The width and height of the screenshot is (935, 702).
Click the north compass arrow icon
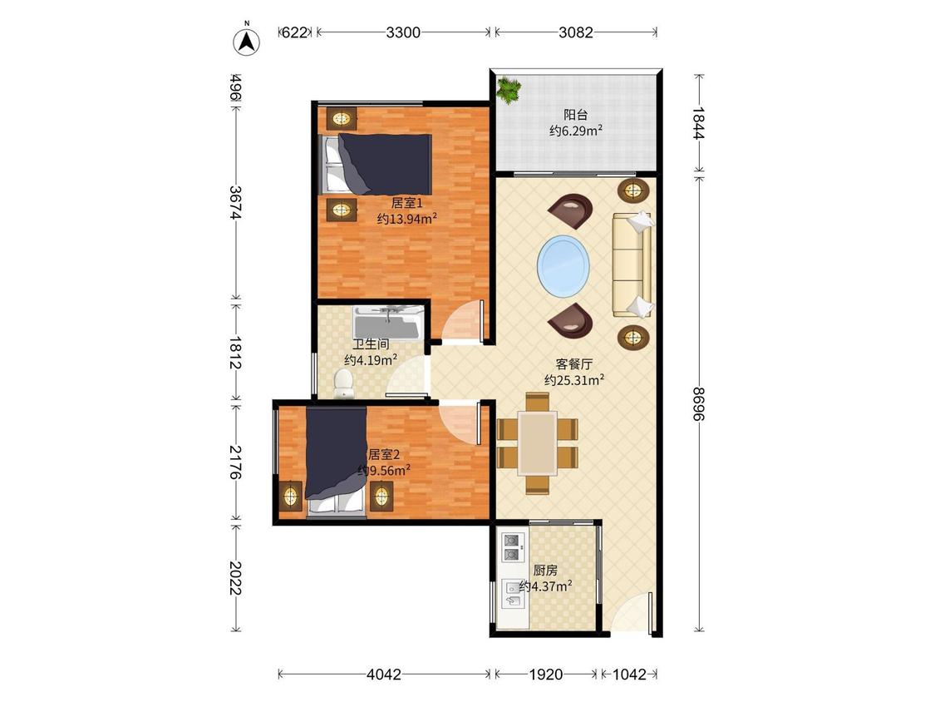[246, 40]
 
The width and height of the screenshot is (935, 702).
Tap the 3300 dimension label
[403, 32]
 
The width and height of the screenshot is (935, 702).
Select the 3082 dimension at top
[575, 32]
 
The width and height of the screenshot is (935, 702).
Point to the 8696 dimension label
[699, 403]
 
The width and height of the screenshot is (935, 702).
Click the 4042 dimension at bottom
[384, 675]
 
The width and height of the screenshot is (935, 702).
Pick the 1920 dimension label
[545, 675]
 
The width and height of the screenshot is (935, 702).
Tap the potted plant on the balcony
[509, 90]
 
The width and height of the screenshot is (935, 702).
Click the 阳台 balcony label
[575, 115]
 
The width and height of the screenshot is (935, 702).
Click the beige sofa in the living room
[632, 265]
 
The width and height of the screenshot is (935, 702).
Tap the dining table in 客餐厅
[537, 442]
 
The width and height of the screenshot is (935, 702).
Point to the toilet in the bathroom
[343, 383]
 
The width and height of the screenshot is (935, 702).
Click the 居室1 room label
[406, 204]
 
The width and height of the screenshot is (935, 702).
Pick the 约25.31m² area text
[575, 379]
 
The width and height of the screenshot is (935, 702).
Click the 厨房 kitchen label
[545, 571]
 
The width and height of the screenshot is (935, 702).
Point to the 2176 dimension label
[235, 462]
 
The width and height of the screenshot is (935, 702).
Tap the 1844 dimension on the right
[699, 123]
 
